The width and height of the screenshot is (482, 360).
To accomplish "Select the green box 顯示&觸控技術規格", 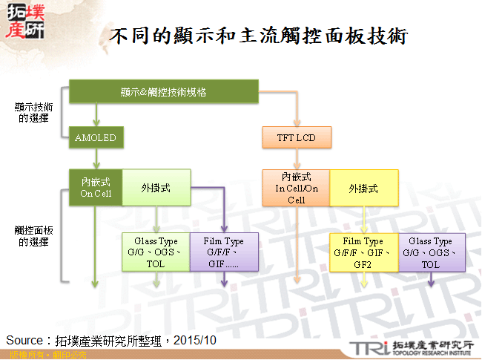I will [163, 92].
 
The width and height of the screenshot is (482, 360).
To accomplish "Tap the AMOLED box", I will [96, 137].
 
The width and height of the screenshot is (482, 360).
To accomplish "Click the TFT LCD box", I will [297, 137].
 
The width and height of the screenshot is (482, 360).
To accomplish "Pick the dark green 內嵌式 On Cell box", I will [96, 188].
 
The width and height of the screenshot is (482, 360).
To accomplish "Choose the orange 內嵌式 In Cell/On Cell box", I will [297, 188].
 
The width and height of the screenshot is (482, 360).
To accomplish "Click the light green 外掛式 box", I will [156, 188].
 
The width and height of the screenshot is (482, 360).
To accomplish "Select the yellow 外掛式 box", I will [363, 188].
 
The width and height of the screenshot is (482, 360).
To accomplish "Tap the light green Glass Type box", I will [156, 252].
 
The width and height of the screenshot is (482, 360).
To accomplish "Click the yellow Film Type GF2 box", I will [363, 252].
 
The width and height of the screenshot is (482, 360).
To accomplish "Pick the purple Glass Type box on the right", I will [430, 252].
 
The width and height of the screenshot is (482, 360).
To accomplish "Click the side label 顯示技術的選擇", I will [34, 112].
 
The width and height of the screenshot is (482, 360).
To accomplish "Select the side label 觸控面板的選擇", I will [34, 236].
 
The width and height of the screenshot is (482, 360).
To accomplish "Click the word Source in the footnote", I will [24, 340].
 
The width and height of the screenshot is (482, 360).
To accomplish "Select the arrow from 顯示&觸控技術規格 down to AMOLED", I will [96, 115].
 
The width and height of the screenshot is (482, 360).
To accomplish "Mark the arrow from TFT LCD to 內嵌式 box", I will [297, 158].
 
